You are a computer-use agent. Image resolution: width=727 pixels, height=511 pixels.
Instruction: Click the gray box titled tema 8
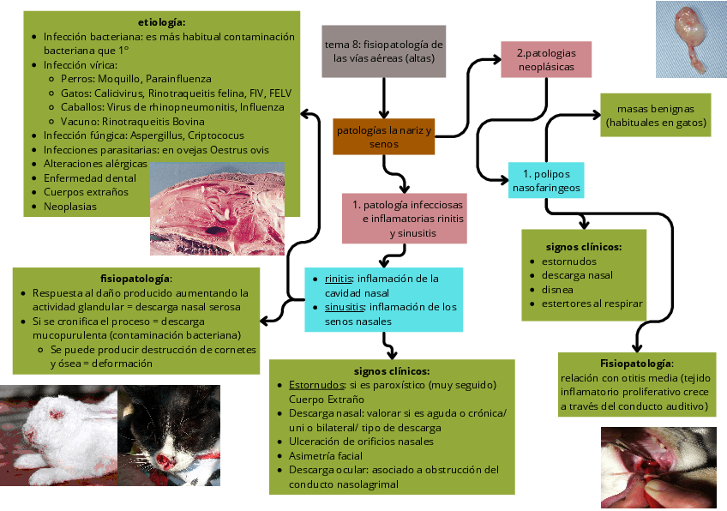pyautogui.click(x=384, y=51)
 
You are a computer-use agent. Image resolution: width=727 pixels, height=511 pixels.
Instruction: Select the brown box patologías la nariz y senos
pyautogui.click(x=384, y=137)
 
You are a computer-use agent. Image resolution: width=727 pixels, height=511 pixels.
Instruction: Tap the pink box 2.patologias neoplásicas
pyautogui.click(x=546, y=59)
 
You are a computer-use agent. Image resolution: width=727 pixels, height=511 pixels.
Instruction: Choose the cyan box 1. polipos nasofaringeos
pyautogui.click(x=546, y=180)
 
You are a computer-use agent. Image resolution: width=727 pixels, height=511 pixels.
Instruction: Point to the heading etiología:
pyautogui.click(x=161, y=21)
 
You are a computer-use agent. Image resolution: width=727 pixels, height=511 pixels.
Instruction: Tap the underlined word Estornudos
pyautogui.click(x=315, y=385)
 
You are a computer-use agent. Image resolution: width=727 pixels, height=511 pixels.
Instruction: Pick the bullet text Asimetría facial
pyautogui.click(x=326, y=455)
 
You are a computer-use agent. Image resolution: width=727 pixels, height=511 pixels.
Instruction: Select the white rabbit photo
pyautogui.click(x=58, y=436)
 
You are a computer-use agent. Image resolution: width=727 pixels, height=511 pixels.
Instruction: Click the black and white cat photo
pyautogui.click(x=168, y=436)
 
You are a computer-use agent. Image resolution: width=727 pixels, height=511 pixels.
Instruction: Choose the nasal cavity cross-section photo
pyautogui.click(x=217, y=208)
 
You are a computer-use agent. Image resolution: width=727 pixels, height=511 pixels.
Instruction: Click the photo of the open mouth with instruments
pyautogui.click(x=653, y=467)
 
